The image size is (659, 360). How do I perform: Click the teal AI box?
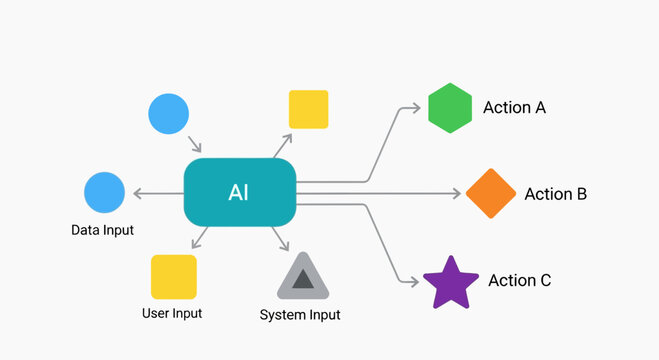240,192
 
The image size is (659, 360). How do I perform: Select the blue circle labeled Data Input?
105,192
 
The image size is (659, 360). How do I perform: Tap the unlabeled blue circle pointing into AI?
168,114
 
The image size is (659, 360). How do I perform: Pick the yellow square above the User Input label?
173,277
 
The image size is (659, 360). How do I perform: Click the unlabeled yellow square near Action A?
308,109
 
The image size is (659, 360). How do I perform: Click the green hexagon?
449,108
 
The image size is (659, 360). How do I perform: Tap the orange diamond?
490,193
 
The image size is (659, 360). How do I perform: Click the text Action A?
514,107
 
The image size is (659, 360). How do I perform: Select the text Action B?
555,194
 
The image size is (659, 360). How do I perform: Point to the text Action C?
519,281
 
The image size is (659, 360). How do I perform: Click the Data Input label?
102,230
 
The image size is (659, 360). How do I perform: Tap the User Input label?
172,313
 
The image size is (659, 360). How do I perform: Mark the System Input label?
300,315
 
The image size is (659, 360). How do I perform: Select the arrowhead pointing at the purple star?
411,283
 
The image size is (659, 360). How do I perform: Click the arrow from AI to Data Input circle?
155,192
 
